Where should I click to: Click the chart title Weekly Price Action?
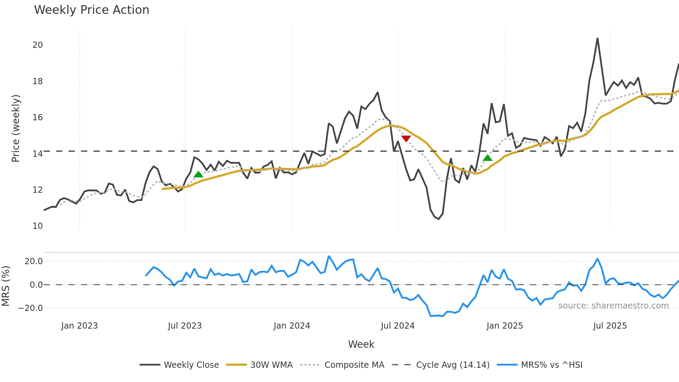[x=91, y=10]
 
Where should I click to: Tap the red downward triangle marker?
[x=406, y=139]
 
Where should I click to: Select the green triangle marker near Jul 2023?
[x=198, y=174]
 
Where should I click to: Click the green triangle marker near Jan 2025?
[x=487, y=158]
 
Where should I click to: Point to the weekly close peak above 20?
[x=597, y=39]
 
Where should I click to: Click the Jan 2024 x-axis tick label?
[x=292, y=326]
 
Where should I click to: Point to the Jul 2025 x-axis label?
[x=610, y=326]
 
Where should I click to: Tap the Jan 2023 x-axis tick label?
[x=79, y=326]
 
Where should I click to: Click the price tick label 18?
[x=37, y=81]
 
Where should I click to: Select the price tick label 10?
[x=37, y=226]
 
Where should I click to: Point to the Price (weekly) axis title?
[x=16, y=128]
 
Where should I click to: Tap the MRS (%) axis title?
[x=6, y=286]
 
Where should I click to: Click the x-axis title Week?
[x=361, y=344]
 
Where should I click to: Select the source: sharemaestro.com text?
[x=613, y=306]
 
